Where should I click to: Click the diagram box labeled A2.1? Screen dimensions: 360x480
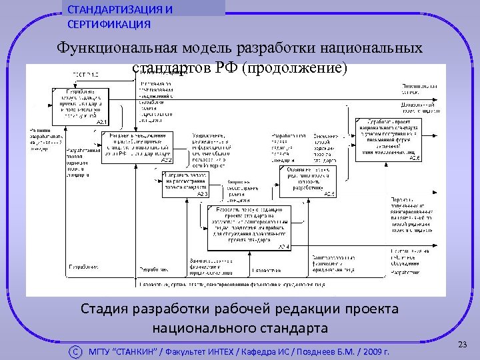(79, 106)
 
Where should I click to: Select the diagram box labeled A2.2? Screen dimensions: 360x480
(137, 147)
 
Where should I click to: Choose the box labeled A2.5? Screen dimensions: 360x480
(308, 181)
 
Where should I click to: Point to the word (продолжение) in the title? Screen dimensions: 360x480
(295, 68)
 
